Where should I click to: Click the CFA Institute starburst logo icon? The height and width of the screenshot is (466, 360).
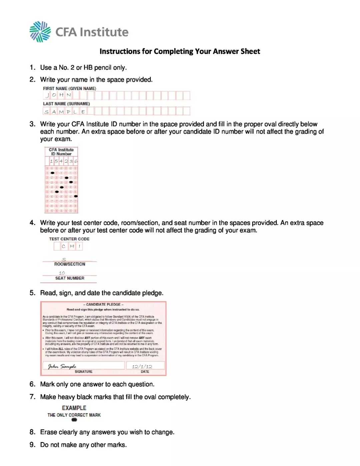pos(40,32)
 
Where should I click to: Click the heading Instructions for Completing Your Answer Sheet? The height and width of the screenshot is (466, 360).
pos(180,51)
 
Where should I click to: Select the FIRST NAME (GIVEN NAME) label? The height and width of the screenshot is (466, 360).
pos(69,88)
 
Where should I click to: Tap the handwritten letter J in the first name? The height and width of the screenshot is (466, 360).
pos(47,95)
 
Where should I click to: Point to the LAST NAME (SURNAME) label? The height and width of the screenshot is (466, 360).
pos(66,104)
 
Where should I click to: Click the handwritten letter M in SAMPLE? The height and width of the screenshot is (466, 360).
pos(61,112)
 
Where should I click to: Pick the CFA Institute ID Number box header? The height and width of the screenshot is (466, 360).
pos(61,152)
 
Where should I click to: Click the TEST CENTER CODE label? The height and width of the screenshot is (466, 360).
pos(69,239)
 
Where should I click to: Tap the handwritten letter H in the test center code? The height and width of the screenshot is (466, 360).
pos(72,246)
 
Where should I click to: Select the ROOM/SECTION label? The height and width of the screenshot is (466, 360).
pos(70,264)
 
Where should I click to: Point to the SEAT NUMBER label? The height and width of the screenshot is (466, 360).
pos(70,278)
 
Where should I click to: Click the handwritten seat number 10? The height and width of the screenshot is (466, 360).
pos(62,273)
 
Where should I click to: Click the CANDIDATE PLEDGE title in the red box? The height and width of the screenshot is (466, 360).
pos(103,304)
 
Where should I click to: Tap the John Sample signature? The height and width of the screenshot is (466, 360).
pos(62,366)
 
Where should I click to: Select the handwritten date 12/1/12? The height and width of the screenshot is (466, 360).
pos(142,366)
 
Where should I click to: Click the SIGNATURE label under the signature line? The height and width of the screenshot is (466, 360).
pos(83,371)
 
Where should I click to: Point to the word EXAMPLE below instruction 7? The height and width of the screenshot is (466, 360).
pos(74,408)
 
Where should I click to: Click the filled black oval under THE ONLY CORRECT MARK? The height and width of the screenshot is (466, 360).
pos(74,420)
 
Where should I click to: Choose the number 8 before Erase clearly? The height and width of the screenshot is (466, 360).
pos(32,432)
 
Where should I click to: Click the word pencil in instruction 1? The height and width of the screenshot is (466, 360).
pos(103,67)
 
